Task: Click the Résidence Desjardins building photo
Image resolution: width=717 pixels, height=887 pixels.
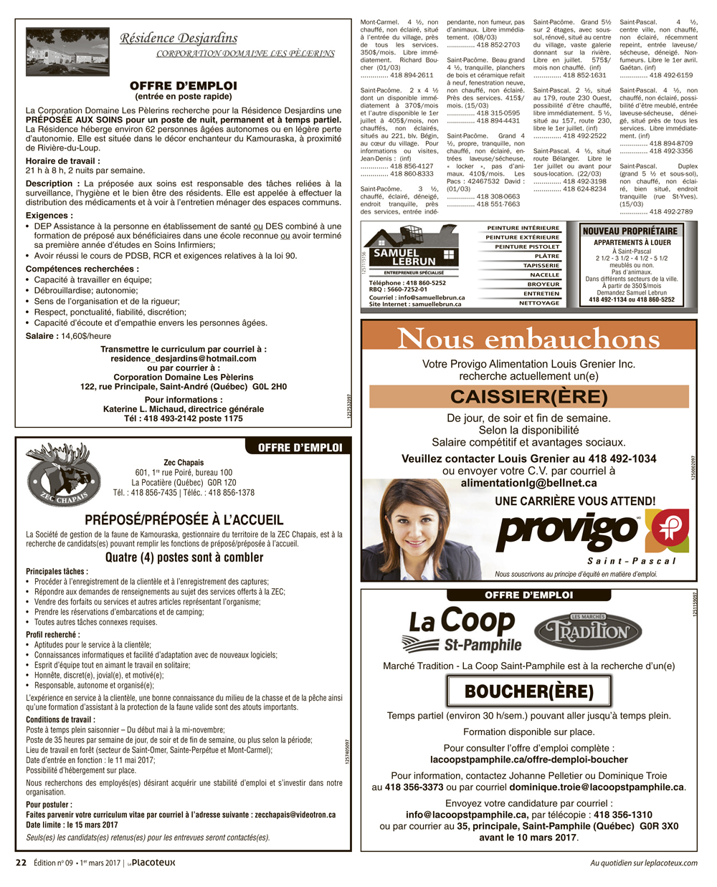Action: click(67, 52)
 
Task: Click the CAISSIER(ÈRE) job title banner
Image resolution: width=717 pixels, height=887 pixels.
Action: click(528, 396)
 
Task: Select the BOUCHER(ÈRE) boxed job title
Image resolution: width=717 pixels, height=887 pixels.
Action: click(528, 691)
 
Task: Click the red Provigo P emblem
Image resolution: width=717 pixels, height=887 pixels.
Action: click(666, 531)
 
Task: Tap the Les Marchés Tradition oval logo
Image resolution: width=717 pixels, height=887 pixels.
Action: click(582, 631)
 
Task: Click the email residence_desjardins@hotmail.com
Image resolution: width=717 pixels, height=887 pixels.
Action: click(184, 358)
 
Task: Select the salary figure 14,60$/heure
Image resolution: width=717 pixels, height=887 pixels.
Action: click(85, 336)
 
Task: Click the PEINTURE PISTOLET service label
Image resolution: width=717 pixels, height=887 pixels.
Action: click(527, 246)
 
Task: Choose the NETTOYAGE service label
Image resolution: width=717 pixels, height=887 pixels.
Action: click(539, 303)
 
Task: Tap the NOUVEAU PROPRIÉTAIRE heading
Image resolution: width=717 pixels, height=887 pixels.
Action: click(630, 231)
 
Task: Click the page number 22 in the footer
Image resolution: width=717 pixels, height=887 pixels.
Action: click(22, 863)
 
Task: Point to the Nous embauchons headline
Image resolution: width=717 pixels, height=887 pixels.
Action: click(528, 338)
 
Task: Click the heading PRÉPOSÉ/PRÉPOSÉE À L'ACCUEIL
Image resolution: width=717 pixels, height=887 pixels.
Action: click(184, 520)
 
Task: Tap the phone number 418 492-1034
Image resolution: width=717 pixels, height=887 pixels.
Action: click(622, 459)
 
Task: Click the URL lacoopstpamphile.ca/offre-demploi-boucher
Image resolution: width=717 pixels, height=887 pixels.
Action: click(528, 759)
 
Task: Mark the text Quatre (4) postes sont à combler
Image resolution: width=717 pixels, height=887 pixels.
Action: click(184, 557)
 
